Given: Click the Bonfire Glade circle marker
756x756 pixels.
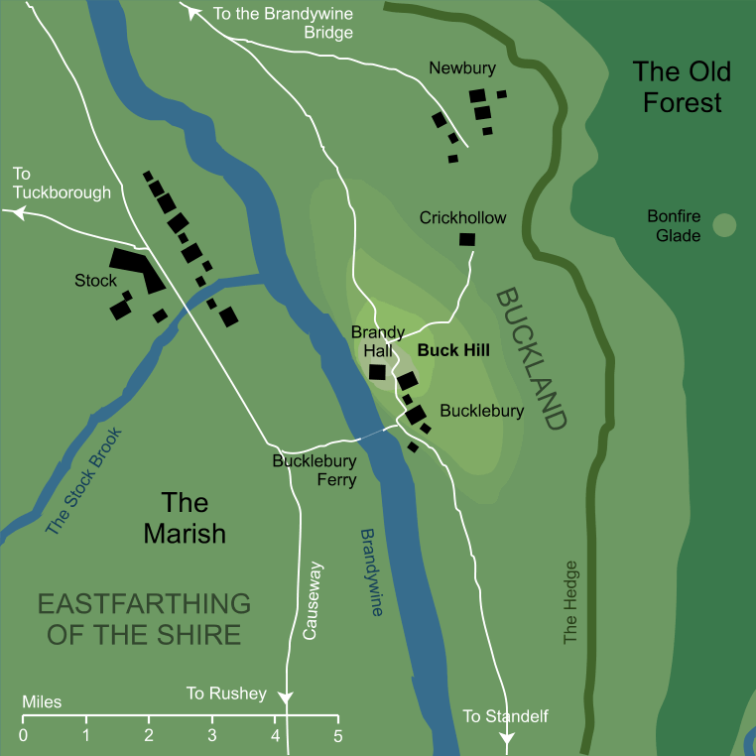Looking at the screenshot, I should point(724,225).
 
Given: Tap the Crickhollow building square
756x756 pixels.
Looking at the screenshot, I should point(466,239).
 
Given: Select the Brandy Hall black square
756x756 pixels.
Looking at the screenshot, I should point(377,372).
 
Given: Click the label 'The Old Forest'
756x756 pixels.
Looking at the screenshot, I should point(682,86).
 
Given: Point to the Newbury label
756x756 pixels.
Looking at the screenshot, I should point(461,68).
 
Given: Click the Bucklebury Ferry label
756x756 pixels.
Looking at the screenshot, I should point(315,468).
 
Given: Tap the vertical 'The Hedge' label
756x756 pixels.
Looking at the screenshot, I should point(569,602).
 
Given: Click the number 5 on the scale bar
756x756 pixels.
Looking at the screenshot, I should point(337,735).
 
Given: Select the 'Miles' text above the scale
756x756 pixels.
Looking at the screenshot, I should point(42,702).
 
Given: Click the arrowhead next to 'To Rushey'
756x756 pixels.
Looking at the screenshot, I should point(287,697).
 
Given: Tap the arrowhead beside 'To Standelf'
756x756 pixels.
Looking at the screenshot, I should point(508,738).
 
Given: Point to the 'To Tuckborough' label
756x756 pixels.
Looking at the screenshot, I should point(62,183).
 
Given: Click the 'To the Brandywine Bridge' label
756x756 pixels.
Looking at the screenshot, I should point(284,23).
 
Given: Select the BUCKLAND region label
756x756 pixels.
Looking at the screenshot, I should point(531,358).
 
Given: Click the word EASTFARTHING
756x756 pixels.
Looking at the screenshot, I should point(143,602).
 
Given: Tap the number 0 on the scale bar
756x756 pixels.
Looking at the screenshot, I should point(23,735).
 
